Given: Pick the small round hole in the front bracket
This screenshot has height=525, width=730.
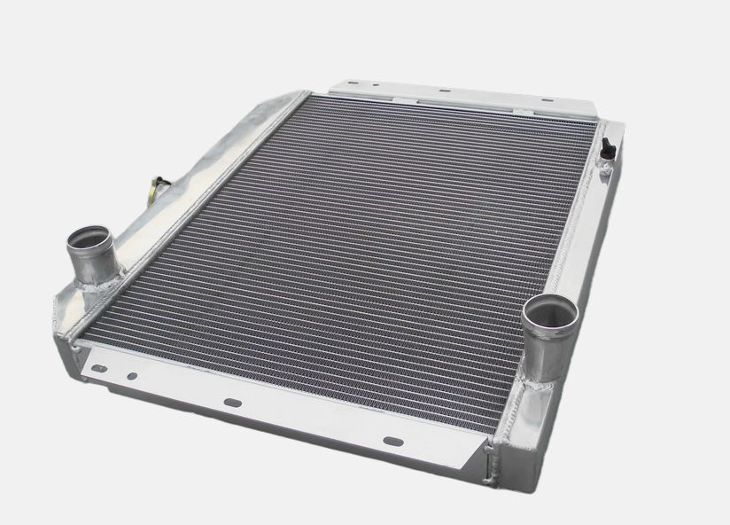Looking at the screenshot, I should point(131,375).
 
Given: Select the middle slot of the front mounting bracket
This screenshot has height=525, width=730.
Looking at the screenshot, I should point(232,402).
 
